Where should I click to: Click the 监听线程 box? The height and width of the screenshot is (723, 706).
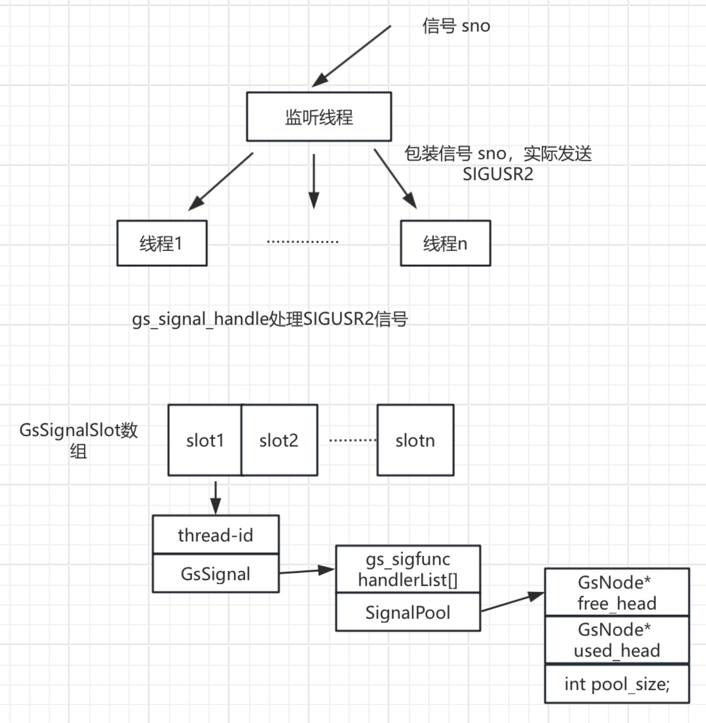pos(319,116)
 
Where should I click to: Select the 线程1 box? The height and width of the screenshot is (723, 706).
pos(162,243)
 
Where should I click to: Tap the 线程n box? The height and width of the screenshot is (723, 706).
pos(445,243)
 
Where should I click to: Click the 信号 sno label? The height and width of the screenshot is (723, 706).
pos(456,26)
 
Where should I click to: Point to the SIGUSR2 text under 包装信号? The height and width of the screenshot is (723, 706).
pos(498,174)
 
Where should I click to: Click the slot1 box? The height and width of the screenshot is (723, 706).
pos(205,440)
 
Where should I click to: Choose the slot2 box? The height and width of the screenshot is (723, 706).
pos(279,440)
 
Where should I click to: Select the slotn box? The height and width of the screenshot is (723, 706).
pos(416,440)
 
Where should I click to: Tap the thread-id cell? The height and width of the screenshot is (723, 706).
pos(216,534)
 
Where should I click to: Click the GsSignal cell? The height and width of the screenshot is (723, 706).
pos(216,573)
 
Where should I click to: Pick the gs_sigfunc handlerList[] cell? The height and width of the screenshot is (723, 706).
pos(408,569)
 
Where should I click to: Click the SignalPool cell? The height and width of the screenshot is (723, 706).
pos(408,612)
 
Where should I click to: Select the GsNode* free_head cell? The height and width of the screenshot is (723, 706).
pos(617,592)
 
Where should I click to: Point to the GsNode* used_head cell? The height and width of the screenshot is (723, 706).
pos(617,640)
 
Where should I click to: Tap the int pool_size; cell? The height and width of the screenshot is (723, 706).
pos(617,684)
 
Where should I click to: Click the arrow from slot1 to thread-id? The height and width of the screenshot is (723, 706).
pos(216,498)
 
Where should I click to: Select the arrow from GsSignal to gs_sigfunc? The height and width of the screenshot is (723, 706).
pos(307,571)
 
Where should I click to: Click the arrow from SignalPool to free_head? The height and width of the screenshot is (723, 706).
pos(513,602)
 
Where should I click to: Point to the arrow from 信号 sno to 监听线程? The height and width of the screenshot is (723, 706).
pos(352,56)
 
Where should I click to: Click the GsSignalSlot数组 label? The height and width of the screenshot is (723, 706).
pos(78,440)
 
